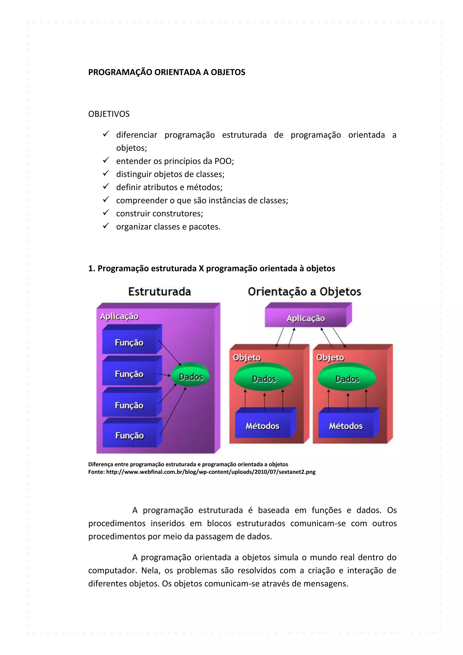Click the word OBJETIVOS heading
[109, 114]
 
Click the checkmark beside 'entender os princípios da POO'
[106, 160]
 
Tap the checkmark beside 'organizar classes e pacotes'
[106, 226]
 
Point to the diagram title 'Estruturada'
[159, 292]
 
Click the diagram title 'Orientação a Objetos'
[304, 292]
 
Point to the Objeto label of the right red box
[330, 357]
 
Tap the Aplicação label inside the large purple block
[119, 316]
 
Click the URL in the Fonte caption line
[211, 472]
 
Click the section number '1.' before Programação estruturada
[91, 268]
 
